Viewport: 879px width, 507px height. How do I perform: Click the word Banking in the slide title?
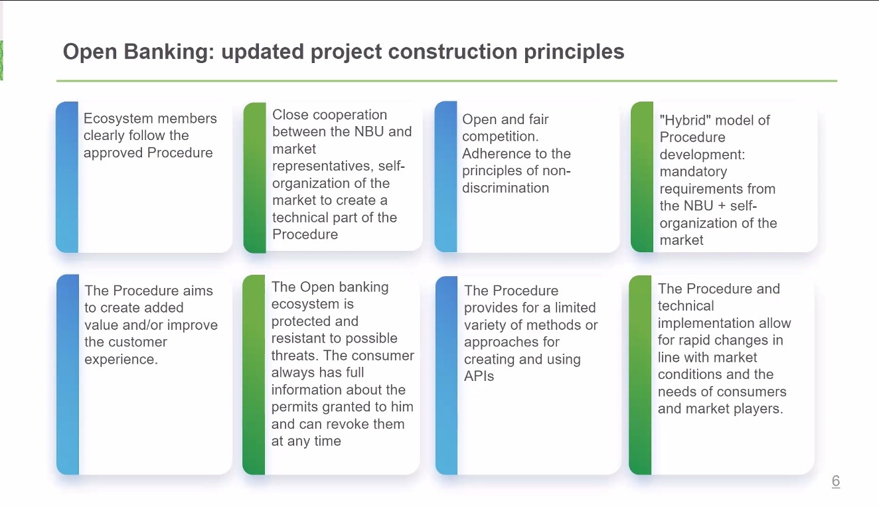tap(169, 52)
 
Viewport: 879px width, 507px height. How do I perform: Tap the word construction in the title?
tap(453, 51)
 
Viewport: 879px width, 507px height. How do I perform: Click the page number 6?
tap(836, 480)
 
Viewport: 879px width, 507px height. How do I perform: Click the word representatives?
tap(323, 167)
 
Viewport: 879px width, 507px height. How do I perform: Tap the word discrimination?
tap(505, 188)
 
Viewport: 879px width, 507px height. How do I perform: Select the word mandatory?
tap(693, 172)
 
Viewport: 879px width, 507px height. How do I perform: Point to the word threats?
tap(294, 355)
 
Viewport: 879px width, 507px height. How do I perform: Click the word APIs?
tap(479, 376)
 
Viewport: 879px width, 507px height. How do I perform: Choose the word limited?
tap(575, 308)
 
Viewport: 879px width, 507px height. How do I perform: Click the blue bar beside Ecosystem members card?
tap(67, 177)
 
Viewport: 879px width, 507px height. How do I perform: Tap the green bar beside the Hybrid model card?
tap(642, 177)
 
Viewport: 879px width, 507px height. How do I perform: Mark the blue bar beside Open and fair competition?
tap(445, 177)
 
